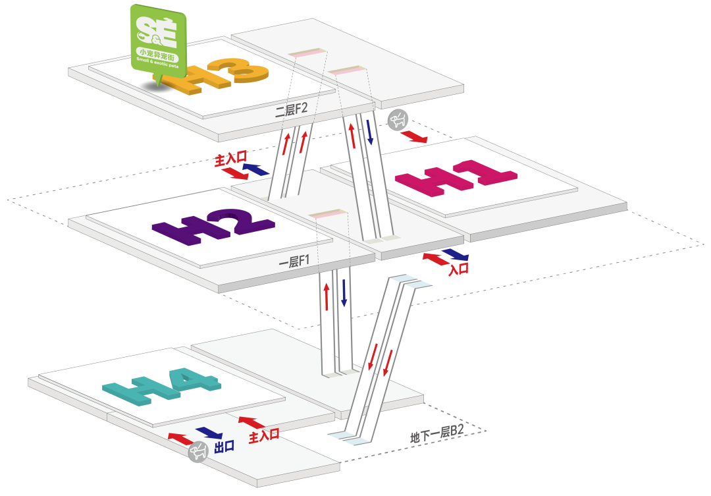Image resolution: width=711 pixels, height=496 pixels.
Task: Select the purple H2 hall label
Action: (x=212, y=227)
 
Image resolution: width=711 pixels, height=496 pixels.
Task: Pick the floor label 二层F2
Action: (x=292, y=109)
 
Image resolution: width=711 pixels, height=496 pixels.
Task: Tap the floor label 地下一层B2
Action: (x=437, y=434)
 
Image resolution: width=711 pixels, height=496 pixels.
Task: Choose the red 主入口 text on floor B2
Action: (x=264, y=435)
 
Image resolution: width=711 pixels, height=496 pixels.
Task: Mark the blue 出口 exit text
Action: (x=224, y=447)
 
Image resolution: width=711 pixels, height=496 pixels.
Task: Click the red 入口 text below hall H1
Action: (x=458, y=269)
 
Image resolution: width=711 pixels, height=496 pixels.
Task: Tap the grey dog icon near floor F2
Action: (x=397, y=119)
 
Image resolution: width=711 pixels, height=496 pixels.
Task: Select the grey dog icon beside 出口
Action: (x=198, y=452)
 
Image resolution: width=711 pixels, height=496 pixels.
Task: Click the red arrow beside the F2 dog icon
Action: (x=414, y=136)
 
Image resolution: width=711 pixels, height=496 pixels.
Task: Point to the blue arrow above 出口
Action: (x=209, y=433)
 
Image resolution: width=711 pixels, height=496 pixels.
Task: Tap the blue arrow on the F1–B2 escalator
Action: (x=343, y=292)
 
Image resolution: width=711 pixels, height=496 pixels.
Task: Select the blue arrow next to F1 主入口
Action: (x=256, y=169)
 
